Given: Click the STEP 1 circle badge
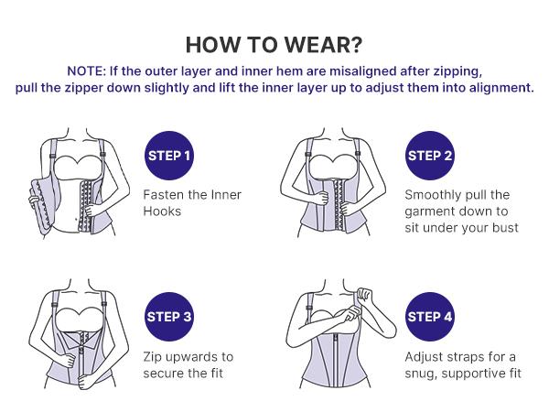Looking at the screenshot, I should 169,155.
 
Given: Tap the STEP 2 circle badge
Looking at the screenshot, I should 430,155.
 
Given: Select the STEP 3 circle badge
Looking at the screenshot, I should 169,317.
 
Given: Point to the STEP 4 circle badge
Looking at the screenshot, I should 430,317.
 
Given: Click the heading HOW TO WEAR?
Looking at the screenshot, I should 274,45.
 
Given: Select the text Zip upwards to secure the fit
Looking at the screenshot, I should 188,364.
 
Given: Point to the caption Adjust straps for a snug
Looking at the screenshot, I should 463,364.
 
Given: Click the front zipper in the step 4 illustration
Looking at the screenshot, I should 343,375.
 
